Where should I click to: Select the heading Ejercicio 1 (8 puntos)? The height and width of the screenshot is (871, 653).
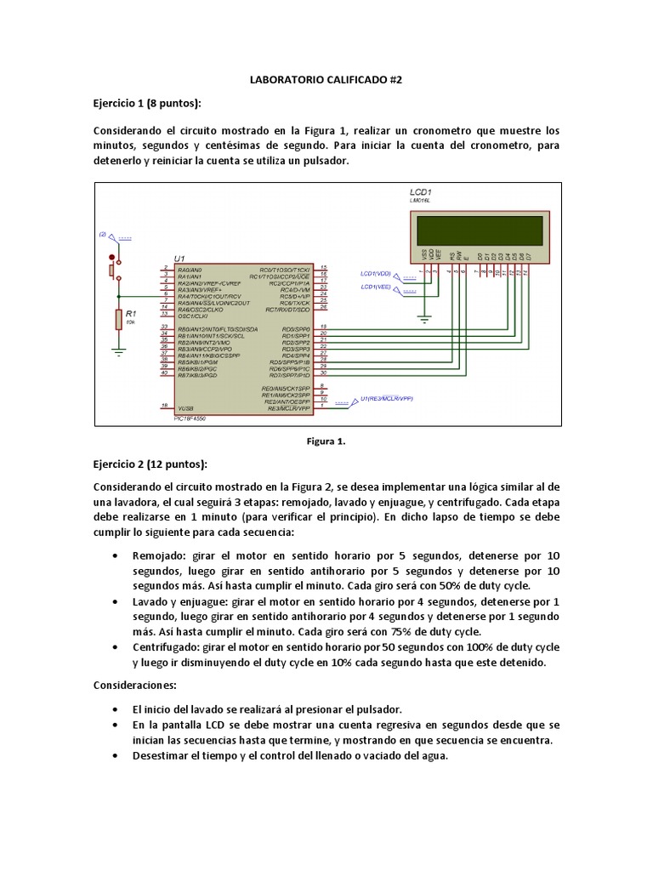tap(147, 104)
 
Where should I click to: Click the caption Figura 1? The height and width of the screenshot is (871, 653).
tap(326, 441)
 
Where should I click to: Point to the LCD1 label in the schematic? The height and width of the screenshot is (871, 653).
tap(421, 192)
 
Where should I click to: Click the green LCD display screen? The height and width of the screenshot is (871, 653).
tap(479, 229)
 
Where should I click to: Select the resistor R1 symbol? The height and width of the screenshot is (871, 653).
tap(118, 319)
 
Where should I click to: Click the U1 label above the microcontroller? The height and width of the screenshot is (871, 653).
tap(179, 258)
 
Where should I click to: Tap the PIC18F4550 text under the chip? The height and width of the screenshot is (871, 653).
tap(189, 418)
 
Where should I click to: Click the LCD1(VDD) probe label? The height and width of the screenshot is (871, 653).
tap(375, 274)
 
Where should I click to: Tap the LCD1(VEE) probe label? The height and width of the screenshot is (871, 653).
tap(375, 287)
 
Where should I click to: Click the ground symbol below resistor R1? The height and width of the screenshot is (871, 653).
tap(118, 349)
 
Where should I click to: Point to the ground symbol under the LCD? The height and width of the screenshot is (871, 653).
tap(423, 320)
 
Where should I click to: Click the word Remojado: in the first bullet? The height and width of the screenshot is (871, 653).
tap(160, 555)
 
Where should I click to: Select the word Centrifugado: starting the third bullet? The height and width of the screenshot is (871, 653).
tap(167, 646)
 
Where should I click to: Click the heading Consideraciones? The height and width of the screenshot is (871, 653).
tap(133, 685)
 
